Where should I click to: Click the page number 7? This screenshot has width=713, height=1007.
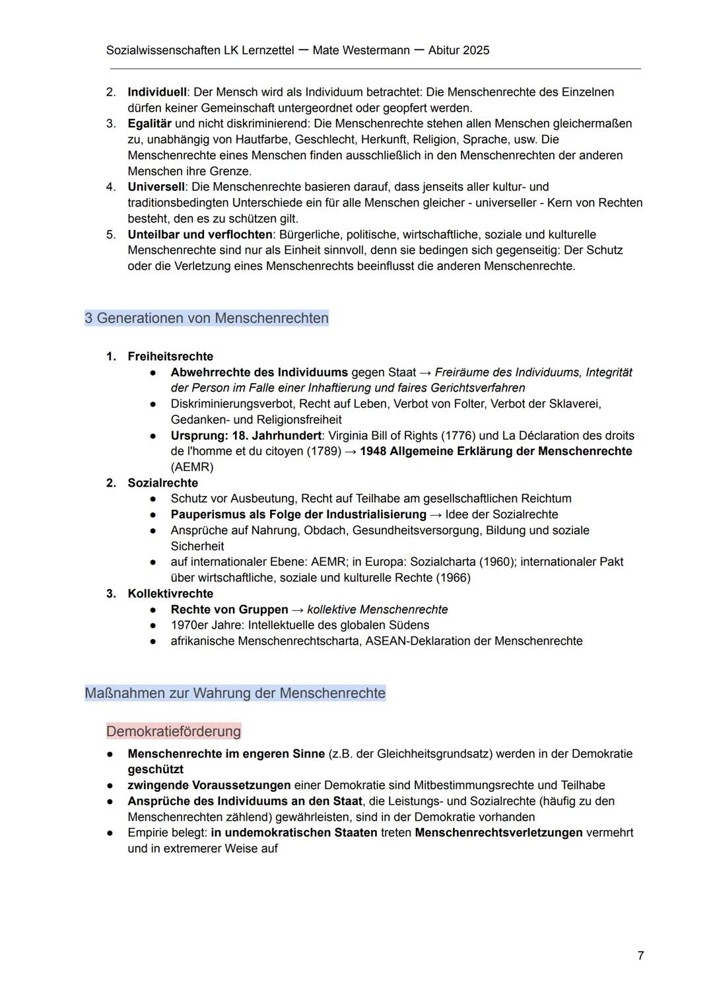640,955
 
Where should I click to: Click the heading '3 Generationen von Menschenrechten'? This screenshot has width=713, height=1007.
207,318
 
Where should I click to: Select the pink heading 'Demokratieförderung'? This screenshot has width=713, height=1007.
174,731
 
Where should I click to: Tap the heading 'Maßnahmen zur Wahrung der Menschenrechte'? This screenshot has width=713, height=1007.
235,693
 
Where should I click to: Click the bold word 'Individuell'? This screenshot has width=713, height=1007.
157,92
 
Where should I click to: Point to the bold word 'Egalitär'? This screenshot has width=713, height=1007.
149,123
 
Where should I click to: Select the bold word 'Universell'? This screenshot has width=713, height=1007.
156,187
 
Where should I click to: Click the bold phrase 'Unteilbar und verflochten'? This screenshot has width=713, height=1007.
200,234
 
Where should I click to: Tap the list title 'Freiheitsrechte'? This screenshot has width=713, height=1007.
170,357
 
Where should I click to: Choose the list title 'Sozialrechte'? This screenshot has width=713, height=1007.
162,483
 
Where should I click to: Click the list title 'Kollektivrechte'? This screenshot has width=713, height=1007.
170,594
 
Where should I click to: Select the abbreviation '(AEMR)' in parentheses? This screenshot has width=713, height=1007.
192,467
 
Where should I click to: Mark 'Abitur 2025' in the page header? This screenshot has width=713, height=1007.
459,50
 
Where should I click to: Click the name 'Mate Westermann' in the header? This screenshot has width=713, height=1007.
361,50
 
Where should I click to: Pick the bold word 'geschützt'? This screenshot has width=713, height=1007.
156,769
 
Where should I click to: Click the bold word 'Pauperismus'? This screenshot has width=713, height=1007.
204,514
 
